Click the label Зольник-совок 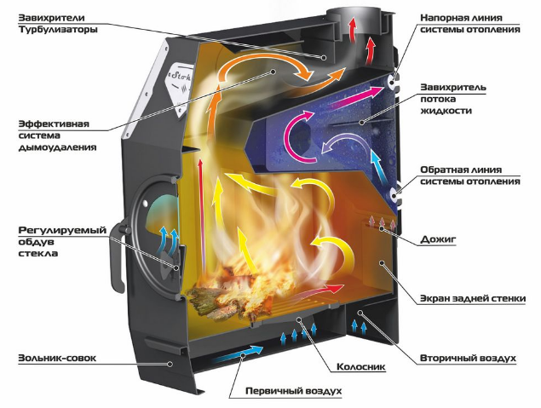click(57, 358)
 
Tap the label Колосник click(361, 366)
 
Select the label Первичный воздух click(294, 391)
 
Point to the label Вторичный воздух click(468, 359)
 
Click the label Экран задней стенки click(473, 298)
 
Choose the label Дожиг click(438, 239)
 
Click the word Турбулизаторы click(58, 29)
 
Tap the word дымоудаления click(57, 147)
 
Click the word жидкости click(446, 111)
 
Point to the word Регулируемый click(62, 230)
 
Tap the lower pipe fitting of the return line click(394, 196)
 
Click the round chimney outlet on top click(354, 16)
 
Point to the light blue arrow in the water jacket click(378, 166)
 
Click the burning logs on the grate click(234, 293)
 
